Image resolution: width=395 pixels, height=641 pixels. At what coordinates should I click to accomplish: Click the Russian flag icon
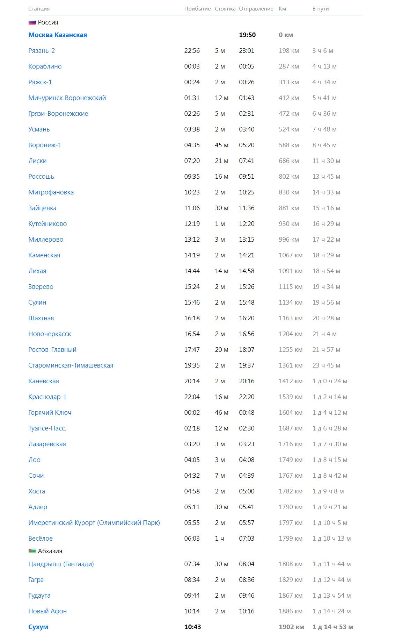click(x=32, y=22)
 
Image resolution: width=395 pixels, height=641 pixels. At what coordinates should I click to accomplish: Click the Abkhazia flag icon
click(x=32, y=551)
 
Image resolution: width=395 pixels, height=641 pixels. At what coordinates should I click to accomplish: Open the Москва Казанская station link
click(x=58, y=35)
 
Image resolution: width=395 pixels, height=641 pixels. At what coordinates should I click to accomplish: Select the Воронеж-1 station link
click(x=45, y=145)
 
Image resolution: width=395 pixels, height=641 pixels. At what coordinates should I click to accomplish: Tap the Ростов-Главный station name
click(x=52, y=350)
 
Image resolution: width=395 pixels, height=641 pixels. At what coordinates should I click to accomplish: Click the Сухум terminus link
click(x=38, y=627)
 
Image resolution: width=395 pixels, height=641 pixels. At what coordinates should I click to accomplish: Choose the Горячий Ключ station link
click(x=50, y=413)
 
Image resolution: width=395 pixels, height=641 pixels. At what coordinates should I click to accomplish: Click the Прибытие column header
click(x=197, y=9)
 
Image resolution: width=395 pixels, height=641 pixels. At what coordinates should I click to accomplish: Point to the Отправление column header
click(x=256, y=9)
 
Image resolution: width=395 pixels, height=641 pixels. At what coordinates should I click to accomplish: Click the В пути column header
click(x=321, y=9)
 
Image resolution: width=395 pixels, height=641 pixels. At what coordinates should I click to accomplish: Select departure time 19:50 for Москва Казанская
click(x=247, y=35)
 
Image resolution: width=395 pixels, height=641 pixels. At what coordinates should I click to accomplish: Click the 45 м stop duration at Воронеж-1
click(x=221, y=145)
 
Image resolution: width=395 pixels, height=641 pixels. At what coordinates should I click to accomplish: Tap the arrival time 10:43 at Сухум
click(x=192, y=627)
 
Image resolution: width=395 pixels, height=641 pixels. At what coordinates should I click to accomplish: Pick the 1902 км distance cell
click(x=291, y=627)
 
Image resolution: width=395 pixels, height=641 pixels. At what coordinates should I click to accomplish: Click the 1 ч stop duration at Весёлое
click(x=219, y=539)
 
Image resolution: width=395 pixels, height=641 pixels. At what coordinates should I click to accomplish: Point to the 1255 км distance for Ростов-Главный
click(x=291, y=350)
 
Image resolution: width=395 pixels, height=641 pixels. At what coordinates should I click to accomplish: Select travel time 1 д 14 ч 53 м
click(x=333, y=627)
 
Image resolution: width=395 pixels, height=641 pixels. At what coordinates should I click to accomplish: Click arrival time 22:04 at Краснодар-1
click(x=192, y=397)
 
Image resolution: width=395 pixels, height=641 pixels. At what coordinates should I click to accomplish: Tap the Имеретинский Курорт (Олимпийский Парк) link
click(x=94, y=523)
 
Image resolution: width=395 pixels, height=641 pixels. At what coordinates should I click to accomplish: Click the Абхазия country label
click(x=50, y=551)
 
